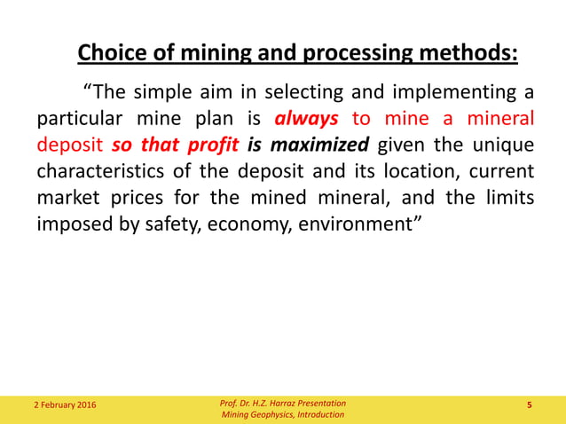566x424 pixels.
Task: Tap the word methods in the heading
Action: coord(470,53)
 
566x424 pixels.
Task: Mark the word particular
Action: coord(76,119)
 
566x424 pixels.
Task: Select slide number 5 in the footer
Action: coord(530,406)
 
